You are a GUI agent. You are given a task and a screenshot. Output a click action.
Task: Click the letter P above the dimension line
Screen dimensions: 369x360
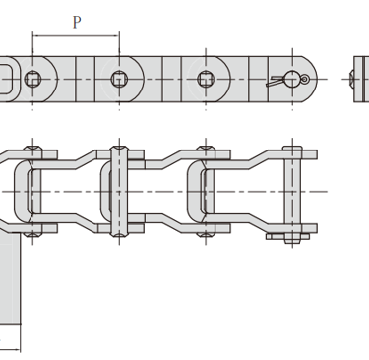tap(77, 22)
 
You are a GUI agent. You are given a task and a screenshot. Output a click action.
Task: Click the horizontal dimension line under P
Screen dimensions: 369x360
tap(76, 36)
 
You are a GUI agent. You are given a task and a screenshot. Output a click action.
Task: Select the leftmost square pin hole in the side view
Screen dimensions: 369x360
tap(32, 79)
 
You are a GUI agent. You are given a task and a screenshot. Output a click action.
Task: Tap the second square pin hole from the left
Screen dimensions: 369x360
tap(119, 79)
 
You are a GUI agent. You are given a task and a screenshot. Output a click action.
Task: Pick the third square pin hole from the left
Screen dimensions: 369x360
tap(206, 79)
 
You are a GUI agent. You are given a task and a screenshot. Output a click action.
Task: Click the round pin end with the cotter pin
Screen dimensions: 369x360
tap(292, 79)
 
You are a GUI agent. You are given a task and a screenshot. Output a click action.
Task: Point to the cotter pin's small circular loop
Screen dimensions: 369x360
tap(305, 79)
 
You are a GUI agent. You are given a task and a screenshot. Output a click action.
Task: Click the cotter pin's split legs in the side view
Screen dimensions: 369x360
tap(275, 82)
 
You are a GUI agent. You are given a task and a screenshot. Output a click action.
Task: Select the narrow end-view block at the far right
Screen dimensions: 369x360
tap(361, 79)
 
